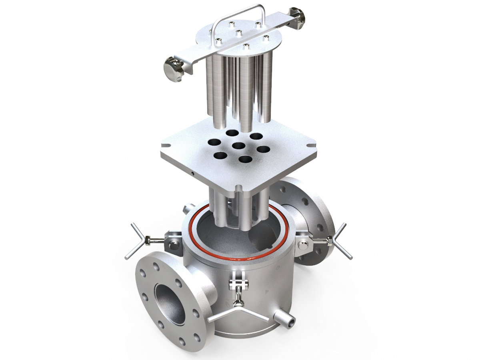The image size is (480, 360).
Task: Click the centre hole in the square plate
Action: tap(239, 146)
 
